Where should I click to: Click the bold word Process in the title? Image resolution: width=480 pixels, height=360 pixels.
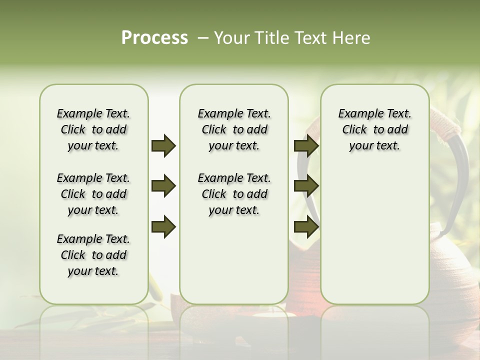coord(154,38)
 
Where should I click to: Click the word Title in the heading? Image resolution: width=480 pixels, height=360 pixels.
coord(270,38)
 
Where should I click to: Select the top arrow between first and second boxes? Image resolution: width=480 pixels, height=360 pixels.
coord(163,145)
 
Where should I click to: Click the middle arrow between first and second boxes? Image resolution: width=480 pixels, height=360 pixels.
coord(163,186)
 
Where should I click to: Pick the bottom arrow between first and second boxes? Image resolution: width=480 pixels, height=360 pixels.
coord(163,226)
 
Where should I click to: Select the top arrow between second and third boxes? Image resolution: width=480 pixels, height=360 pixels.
coord(306,145)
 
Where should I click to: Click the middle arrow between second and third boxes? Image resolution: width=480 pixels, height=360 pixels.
coord(306,186)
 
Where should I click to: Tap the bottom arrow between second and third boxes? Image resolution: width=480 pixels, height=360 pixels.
coord(306,226)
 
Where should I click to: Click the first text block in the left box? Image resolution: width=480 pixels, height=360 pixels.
coord(93,129)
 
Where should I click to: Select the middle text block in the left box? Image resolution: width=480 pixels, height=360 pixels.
coord(93,194)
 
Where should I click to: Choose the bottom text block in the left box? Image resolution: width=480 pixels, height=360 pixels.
coord(93,255)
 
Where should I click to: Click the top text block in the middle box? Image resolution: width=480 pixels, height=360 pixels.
coord(234,129)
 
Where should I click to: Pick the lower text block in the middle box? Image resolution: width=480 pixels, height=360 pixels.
coord(234,194)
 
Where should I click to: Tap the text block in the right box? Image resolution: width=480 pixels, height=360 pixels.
coord(374,129)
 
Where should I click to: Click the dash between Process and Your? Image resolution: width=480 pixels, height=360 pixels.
coord(202,38)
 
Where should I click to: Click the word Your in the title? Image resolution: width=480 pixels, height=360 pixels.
coord(231,38)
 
